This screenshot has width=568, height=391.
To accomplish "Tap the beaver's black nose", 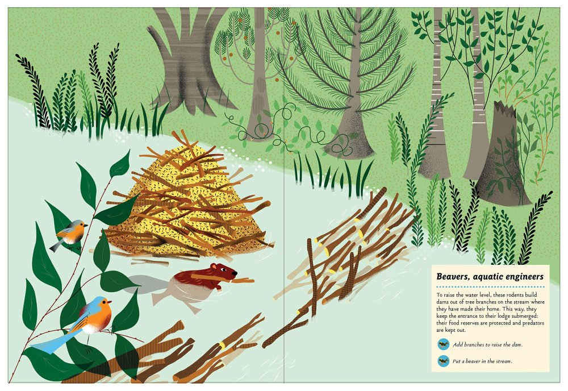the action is pyautogui.click(x=236, y=272).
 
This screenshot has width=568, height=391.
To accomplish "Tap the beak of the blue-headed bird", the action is pyautogui.click(x=109, y=301).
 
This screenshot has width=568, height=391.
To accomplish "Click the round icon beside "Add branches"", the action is pyautogui.click(x=443, y=344).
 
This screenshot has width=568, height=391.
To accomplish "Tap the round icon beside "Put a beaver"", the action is pyautogui.click(x=443, y=361).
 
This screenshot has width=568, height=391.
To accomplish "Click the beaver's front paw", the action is pyautogui.click(x=219, y=289).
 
